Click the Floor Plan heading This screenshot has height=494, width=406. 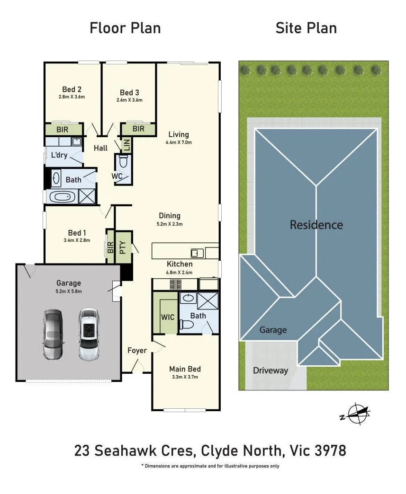coord(125,28)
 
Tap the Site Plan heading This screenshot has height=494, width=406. coord(306,28)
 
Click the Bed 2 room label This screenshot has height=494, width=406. coord(72,89)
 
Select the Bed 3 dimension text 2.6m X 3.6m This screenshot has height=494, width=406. coord(129,100)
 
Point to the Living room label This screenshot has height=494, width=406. coord(179,134)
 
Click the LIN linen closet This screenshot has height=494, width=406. coord(126,145)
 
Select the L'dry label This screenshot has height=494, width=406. coord(59,155)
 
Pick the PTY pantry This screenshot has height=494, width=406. coord(123,247)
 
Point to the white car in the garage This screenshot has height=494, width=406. coord(89,334)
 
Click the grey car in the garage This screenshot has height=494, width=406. coord(53,335)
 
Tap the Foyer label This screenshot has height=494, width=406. coord(137,350)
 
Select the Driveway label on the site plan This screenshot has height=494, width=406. coord(271,370)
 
